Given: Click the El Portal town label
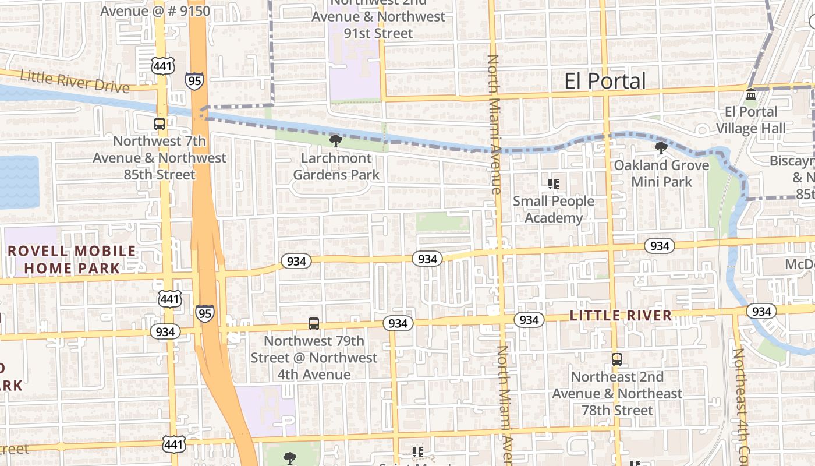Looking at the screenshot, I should [x=605, y=81].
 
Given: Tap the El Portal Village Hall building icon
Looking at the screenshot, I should [x=751, y=94].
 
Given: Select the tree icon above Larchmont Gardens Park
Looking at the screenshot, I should [x=335, y=140].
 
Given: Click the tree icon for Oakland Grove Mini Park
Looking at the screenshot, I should [x=661, y=148].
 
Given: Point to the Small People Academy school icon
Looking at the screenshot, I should [x=554, y=185].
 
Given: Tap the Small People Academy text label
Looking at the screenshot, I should [x=553, y=210].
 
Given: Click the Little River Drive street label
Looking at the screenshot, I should [x=75, y=82].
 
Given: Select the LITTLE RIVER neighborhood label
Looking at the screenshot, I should [x=621, y=316].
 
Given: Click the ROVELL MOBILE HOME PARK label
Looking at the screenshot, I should [x=72, y=260].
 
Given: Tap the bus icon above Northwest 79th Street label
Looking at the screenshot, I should [x=314, y=323].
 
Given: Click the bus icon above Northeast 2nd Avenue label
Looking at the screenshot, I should [x=617, y=359].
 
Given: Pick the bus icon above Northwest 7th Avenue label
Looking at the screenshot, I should [x=159, y=123].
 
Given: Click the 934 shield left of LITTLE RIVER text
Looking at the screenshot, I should [x=529, y=320].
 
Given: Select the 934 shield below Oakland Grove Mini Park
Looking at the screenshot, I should [x=659, y=246].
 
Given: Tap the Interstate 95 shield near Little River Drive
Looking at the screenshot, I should [x=195, y=80].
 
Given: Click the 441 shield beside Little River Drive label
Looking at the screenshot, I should [x=162, y=65].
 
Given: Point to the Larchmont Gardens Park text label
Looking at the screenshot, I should [x=336, y=167].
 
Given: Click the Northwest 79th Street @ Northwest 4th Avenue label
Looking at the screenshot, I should [x=314, y=358].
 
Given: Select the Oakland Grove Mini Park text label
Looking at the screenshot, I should [x=662, y=174].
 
